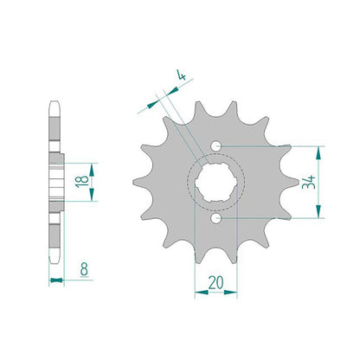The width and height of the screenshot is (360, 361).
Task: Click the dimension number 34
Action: click(x=309, y=182)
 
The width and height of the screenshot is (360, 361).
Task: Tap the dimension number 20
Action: click(x=215, y=283)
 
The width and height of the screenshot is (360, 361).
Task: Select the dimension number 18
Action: click(x=81, y=182)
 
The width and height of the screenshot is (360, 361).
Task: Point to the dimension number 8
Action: click(x=84, y=269)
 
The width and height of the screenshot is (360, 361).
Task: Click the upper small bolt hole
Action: click(x=215, y=146)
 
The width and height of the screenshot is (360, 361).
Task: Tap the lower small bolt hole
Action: click(x=215, y=218)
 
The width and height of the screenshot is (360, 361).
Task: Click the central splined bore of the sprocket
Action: click(x=215, y=182)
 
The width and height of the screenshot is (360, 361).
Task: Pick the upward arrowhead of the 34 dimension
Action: click(x=318, y=153)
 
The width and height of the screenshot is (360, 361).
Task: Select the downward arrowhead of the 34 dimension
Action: click(x=318, y=211)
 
